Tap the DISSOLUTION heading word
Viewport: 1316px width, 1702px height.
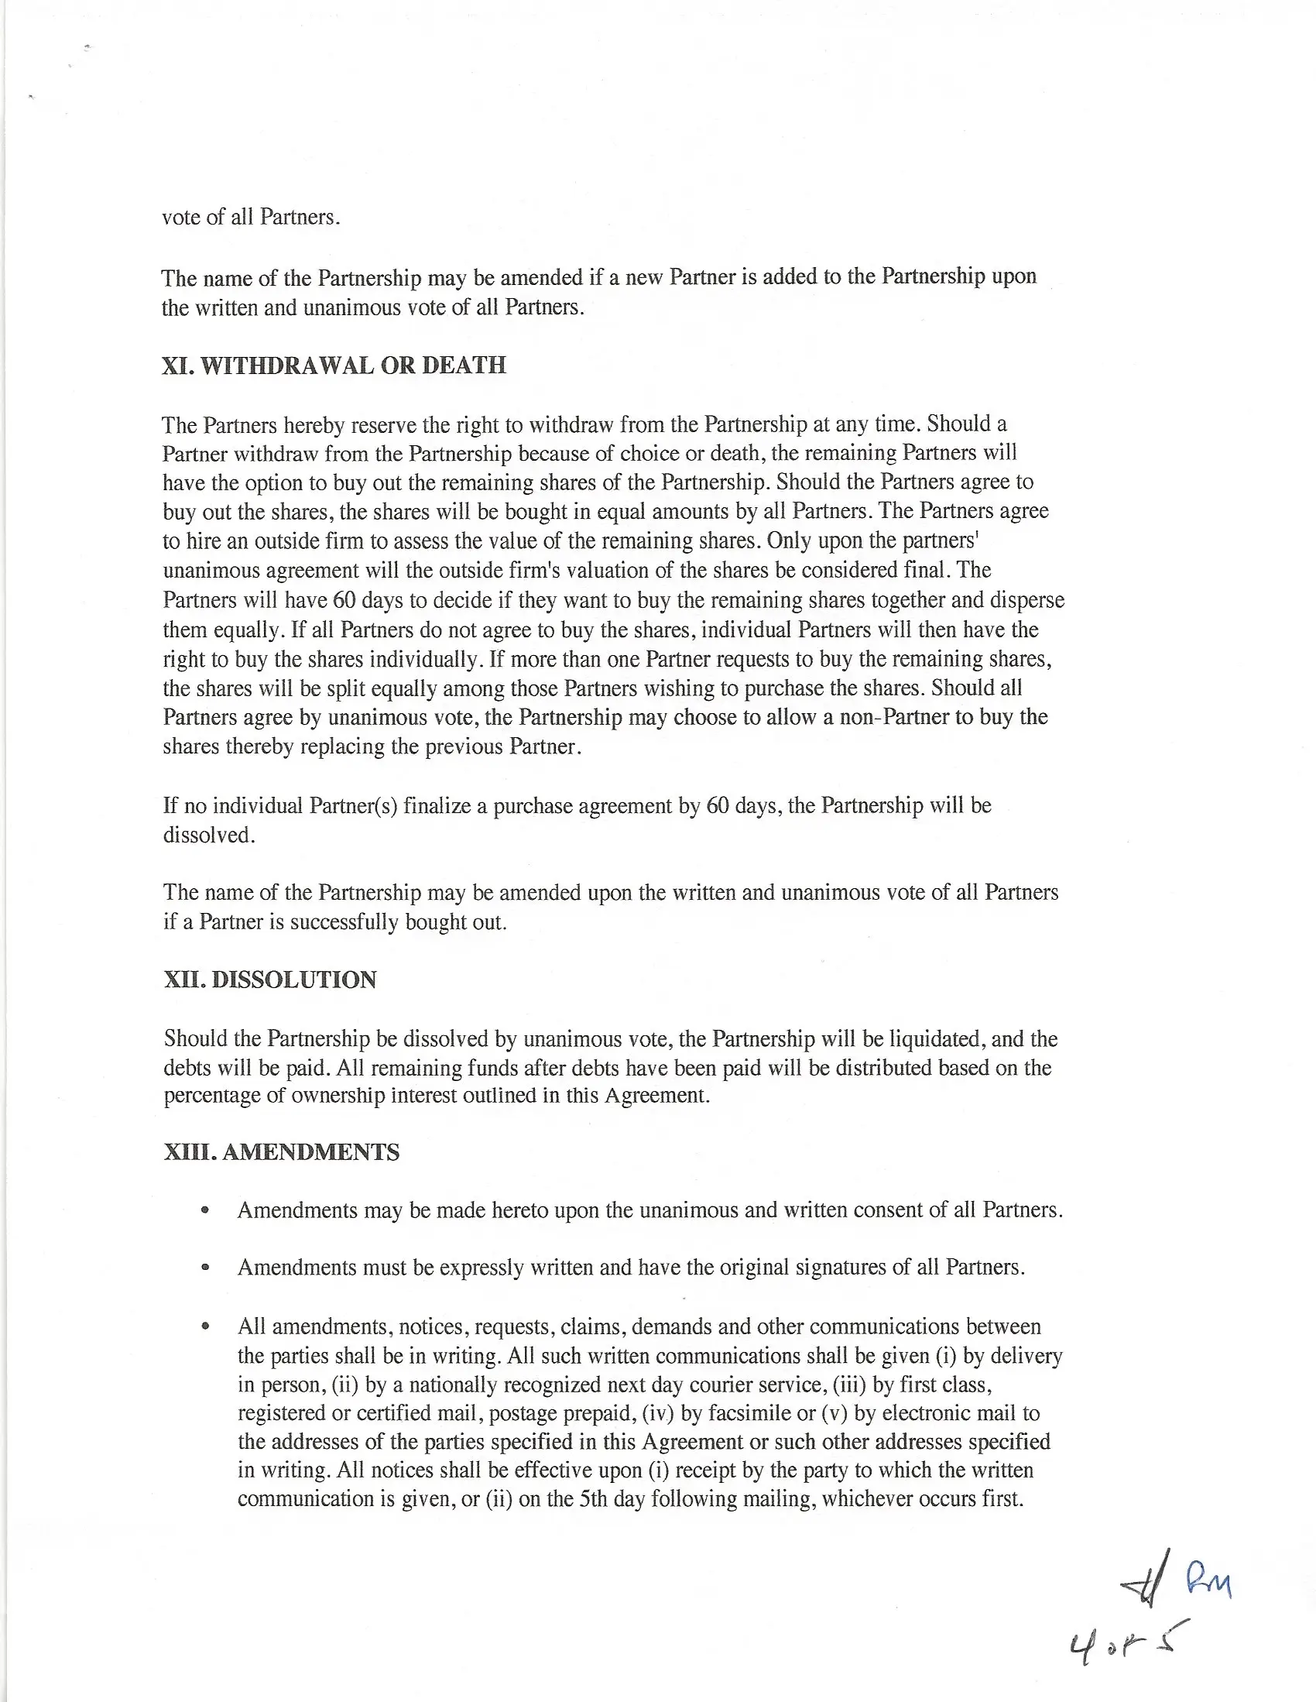[293, 980]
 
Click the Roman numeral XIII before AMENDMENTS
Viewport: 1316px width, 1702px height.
[190, 1152]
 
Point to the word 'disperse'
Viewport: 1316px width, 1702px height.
[1026, 600]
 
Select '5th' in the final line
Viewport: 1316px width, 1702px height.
[594, 1498]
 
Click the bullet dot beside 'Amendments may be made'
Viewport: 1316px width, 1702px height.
[205, 1211]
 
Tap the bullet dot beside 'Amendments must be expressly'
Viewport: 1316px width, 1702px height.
[205, 1268]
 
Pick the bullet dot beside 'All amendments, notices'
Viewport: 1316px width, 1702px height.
[205, 1326]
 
